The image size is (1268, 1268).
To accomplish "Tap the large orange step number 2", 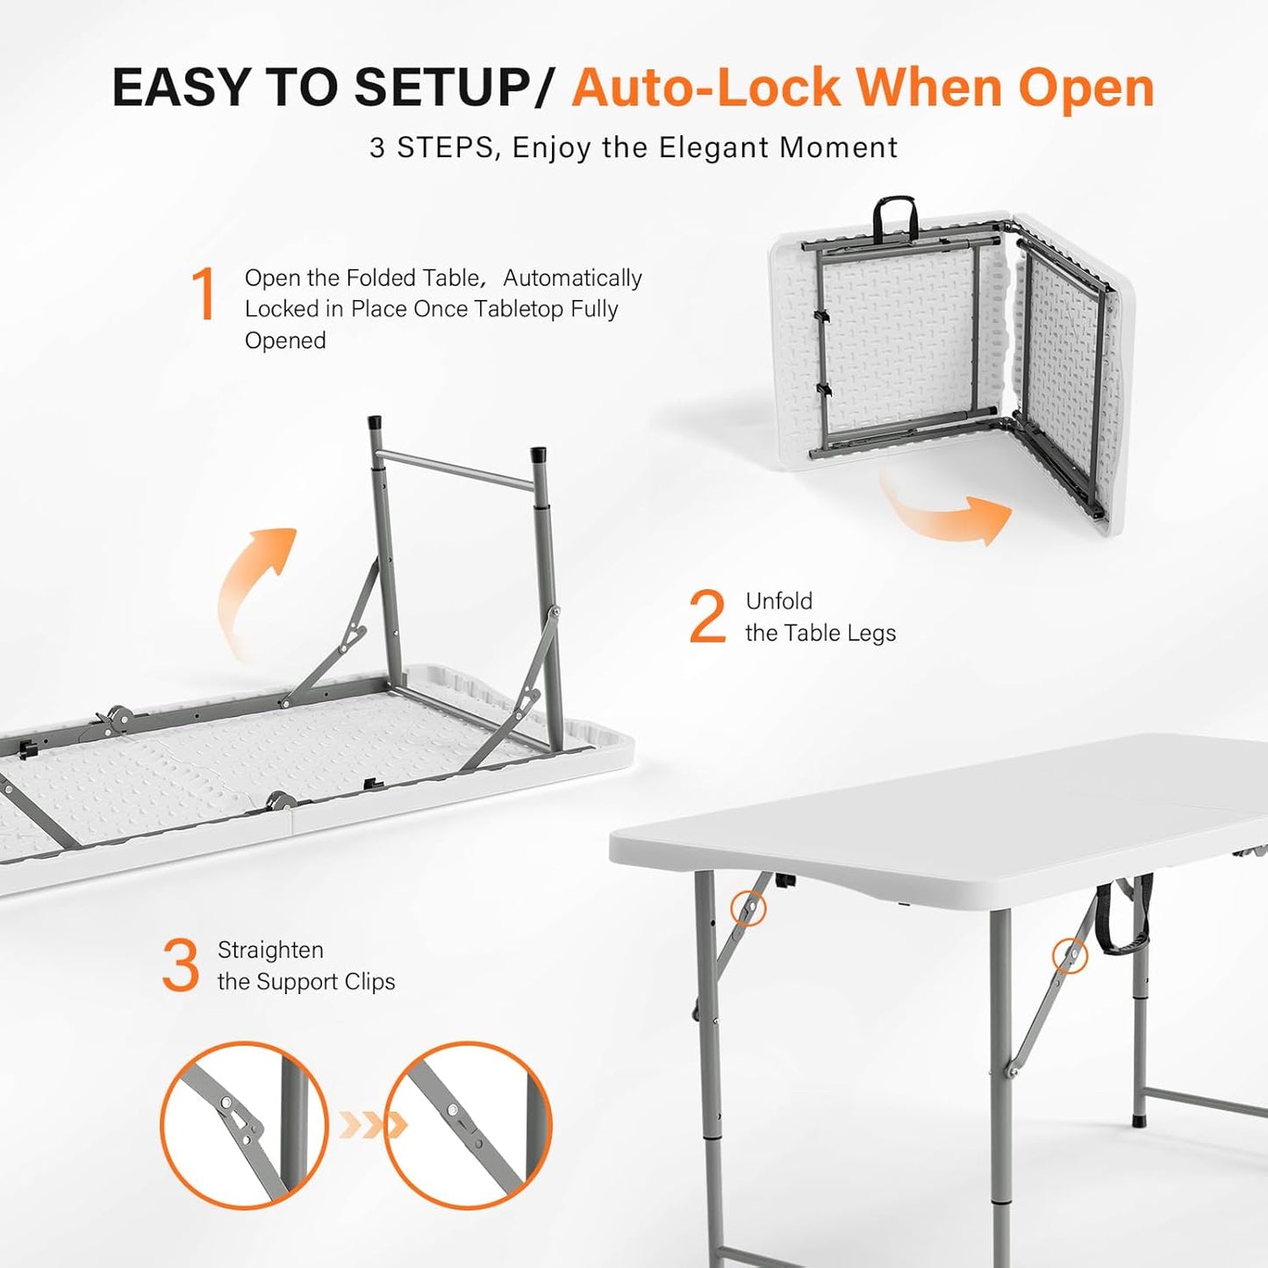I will click(707, 617).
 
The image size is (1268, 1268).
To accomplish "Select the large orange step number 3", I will click(181, 965).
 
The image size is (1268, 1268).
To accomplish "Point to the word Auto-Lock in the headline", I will click(706, 88).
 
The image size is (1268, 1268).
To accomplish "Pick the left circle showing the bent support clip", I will click(244, 1125).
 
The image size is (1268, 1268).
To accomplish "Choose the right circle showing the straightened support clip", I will click(468, 1125).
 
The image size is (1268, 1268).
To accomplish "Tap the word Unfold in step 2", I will click(778, 601).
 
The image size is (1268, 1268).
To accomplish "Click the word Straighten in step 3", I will click(270, 950).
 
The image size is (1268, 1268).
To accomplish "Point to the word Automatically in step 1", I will click(572, 278).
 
